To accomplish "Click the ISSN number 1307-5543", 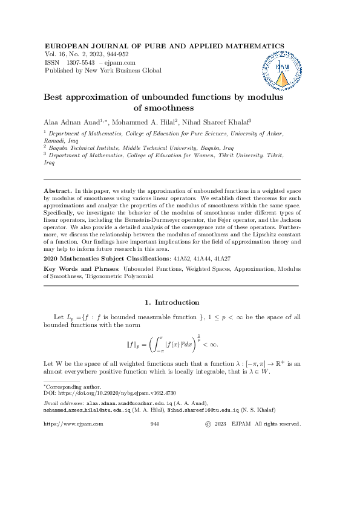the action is coord(82,62).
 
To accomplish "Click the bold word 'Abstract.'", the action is coord(59,190).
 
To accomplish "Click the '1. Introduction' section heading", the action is coord(172,302).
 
